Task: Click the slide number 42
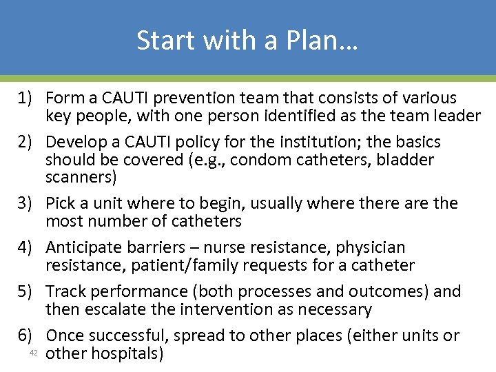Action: [x=32, y=353]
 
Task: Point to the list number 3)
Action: [x=28, y=204]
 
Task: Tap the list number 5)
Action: [x=28, y=291]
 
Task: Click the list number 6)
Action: [x=28, y=335]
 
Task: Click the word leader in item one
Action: [x=455, y=116]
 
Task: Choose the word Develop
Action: [x=73, y=143]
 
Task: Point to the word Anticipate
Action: [x=87, y=248]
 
